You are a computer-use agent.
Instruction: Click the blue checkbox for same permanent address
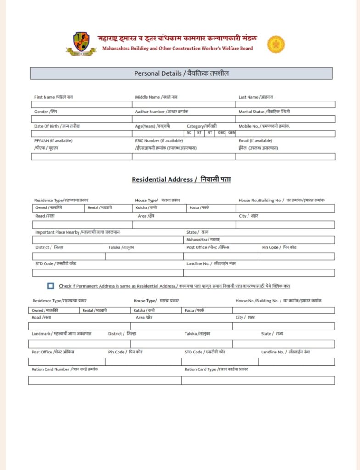pos(51,286)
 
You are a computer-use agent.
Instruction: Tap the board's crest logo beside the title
pos(81,44)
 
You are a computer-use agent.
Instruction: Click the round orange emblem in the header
pos(276,45)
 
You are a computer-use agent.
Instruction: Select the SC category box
pos(189,133)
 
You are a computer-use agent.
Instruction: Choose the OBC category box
pos(221,133)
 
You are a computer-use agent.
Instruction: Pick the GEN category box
pos(231,133)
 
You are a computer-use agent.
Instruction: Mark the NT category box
pos(210,133)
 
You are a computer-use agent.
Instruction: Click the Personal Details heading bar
pos(181,73)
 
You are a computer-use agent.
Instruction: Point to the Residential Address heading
pos(181,179)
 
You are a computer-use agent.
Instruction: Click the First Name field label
pos(53,97)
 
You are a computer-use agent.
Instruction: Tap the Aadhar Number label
pos(161,112)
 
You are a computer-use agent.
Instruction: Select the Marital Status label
pos(264,112)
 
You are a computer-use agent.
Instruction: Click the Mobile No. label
pos(264,126)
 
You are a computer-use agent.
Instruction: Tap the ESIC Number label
pos(158,140)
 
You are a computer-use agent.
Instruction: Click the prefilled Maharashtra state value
pos(203,240)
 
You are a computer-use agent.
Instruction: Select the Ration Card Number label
pos(65,369)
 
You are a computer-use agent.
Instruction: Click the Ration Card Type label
pos(216,369)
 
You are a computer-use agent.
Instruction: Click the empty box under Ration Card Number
pos(105,380)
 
